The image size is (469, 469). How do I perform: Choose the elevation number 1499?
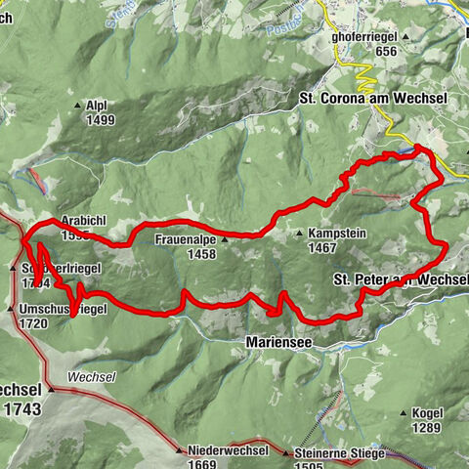(100, 120)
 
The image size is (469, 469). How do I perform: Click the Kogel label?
(428, 413)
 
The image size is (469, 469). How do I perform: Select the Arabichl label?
(84, 222)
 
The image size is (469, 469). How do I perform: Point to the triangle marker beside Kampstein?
(300, 234)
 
